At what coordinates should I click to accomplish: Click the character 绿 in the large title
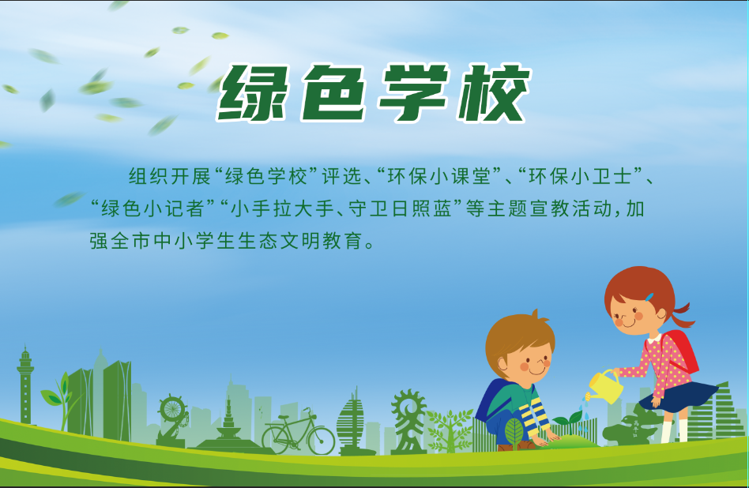(254, 92)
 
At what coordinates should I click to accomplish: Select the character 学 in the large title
(412, 92)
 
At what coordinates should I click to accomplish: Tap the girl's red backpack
(683, 351)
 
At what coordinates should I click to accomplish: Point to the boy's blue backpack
(489, 400)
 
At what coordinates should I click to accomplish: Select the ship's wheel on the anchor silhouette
(171, 410)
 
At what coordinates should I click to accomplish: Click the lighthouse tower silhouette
(25, 387)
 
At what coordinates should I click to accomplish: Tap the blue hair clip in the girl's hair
(649, 298)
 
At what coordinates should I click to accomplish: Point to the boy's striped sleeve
(537, 415)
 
